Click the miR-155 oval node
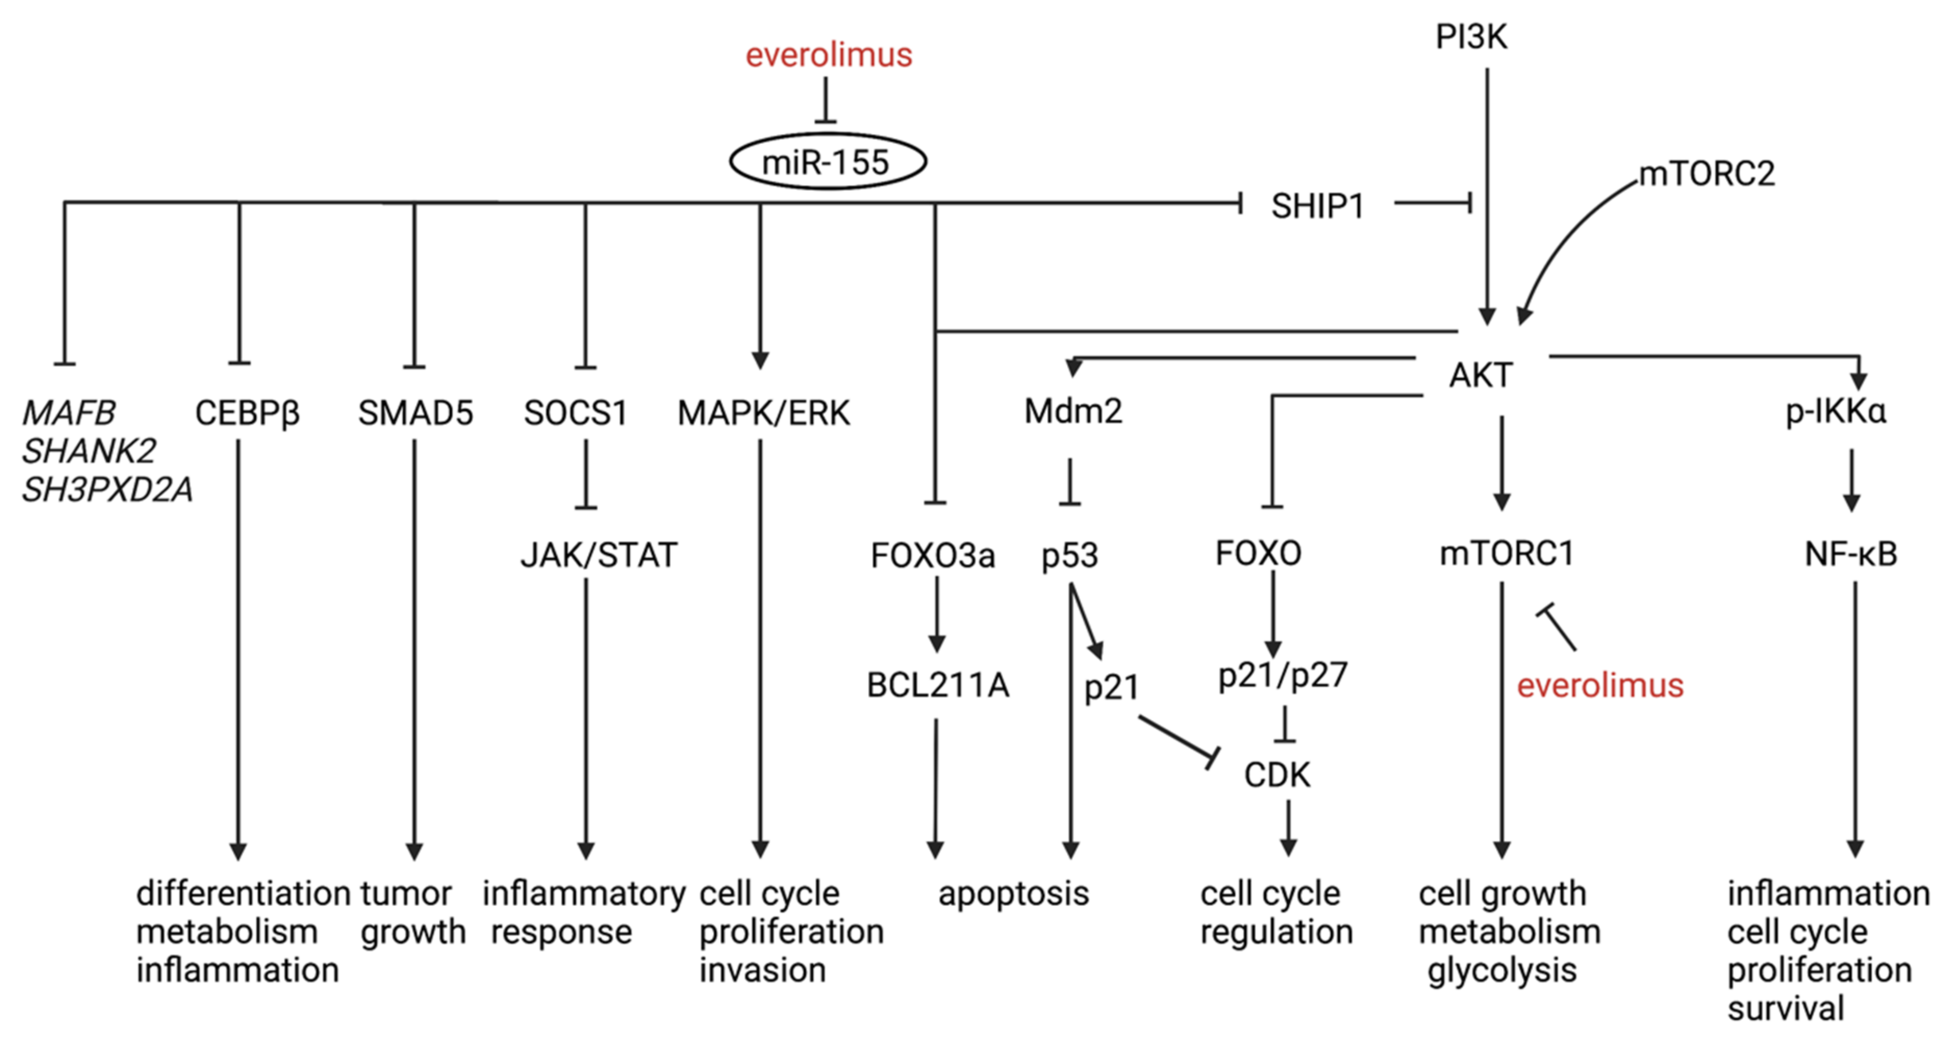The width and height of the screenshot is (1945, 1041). pos(827,161)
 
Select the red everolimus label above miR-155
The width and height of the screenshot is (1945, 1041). pos(828,55)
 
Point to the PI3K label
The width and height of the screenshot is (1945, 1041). pos(1470,37)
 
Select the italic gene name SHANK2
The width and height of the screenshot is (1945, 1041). pos(89,451)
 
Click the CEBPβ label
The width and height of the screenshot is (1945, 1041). pos(247,413)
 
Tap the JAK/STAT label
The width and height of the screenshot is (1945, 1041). pos(599,555)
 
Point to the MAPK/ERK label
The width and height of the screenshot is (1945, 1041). pos(763,413)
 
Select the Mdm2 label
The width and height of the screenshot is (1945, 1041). pos(1073,411)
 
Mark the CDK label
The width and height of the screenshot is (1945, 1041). pos(1276,775)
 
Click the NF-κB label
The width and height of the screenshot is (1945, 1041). pos(1850,554)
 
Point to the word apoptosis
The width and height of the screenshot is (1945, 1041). pos(1013,894)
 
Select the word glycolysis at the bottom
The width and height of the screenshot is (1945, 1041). pos(1501,970)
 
